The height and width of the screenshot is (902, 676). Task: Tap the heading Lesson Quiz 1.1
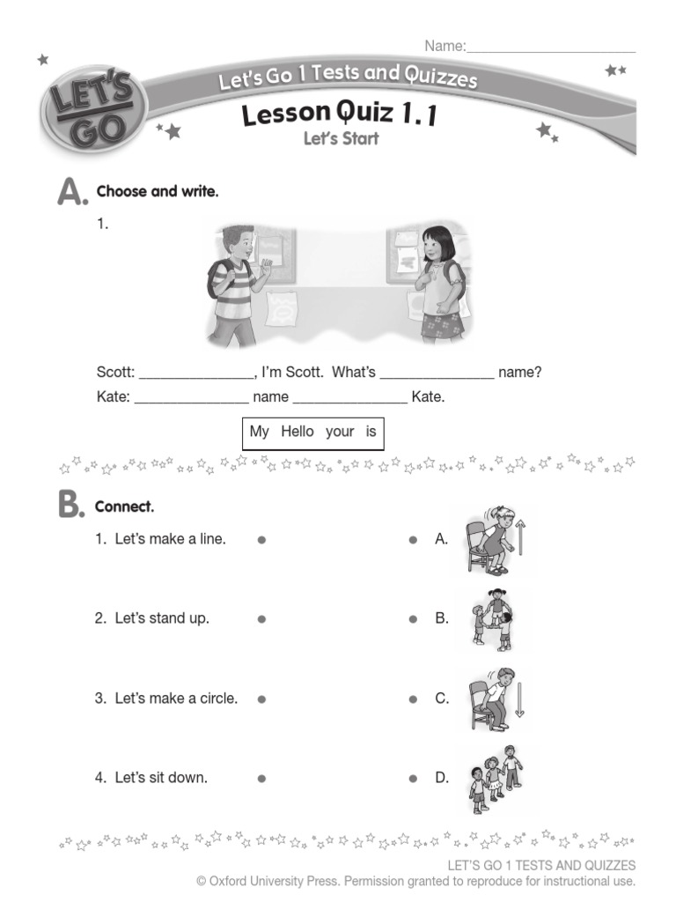pyautogui.click(x=340, y=115)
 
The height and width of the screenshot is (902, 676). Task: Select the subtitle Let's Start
pyautogui.click(x=341, y=138)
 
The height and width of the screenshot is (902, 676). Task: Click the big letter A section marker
pyautogui.click(x=71, y=191)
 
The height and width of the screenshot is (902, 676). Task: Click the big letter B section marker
pyautogui.click(x=71, y=506)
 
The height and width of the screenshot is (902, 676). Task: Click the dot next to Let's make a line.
pyautogui.click(x=261, y=540)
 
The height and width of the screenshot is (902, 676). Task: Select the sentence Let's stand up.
pyautogui.click(x=162, y=618)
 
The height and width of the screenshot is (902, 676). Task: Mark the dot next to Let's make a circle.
pyautogui.click(x=261, y=699)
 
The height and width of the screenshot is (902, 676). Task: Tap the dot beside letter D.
pyautogui.click(x=413, y=779)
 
